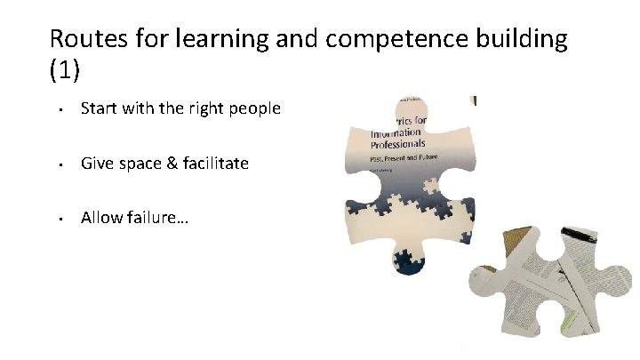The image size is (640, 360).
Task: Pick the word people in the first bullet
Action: click(256, 108)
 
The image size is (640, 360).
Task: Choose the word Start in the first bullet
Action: click(99, 108)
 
